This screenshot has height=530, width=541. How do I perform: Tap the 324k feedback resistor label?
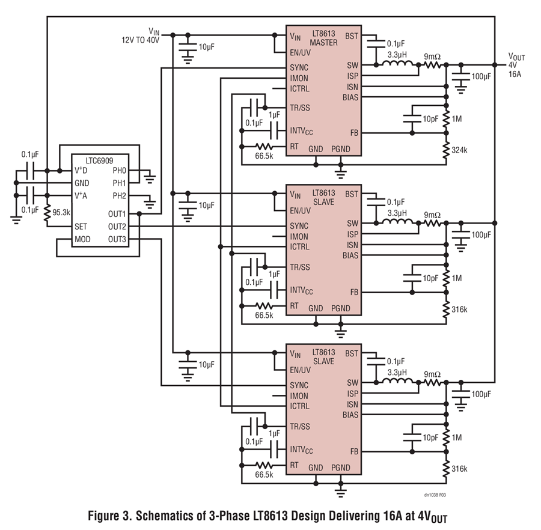[x=460, y=150]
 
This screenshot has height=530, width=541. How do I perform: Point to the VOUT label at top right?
[x=516, y=56]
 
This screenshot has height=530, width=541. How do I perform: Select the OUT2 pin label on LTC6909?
[x=117, y=227]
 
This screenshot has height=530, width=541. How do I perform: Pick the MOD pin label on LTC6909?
[x=82, y=240]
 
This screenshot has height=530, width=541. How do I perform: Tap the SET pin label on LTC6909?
[x=81, y=227]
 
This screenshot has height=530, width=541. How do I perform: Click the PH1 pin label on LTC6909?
[x=119, y=183]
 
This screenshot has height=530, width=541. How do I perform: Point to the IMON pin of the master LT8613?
[x=300, y=78]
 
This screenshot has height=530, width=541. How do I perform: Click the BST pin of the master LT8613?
[x=352, y=36]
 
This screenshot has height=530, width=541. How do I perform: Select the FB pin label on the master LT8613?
[x=354, y=132]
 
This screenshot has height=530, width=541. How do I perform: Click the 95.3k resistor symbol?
[x=46, y=212]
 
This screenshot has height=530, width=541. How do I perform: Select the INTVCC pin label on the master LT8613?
[x=302, y=132]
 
